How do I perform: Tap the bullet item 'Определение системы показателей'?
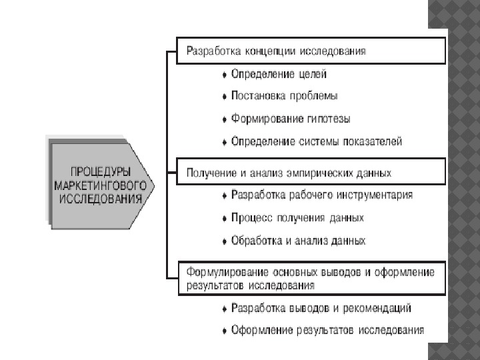317,141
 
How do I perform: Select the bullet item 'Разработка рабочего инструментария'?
321,195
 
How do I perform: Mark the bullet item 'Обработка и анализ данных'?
298,240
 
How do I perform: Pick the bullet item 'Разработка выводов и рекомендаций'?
321,308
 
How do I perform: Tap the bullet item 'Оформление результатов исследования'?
327,330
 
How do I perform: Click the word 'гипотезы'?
329,119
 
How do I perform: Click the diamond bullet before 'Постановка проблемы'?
225,97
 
